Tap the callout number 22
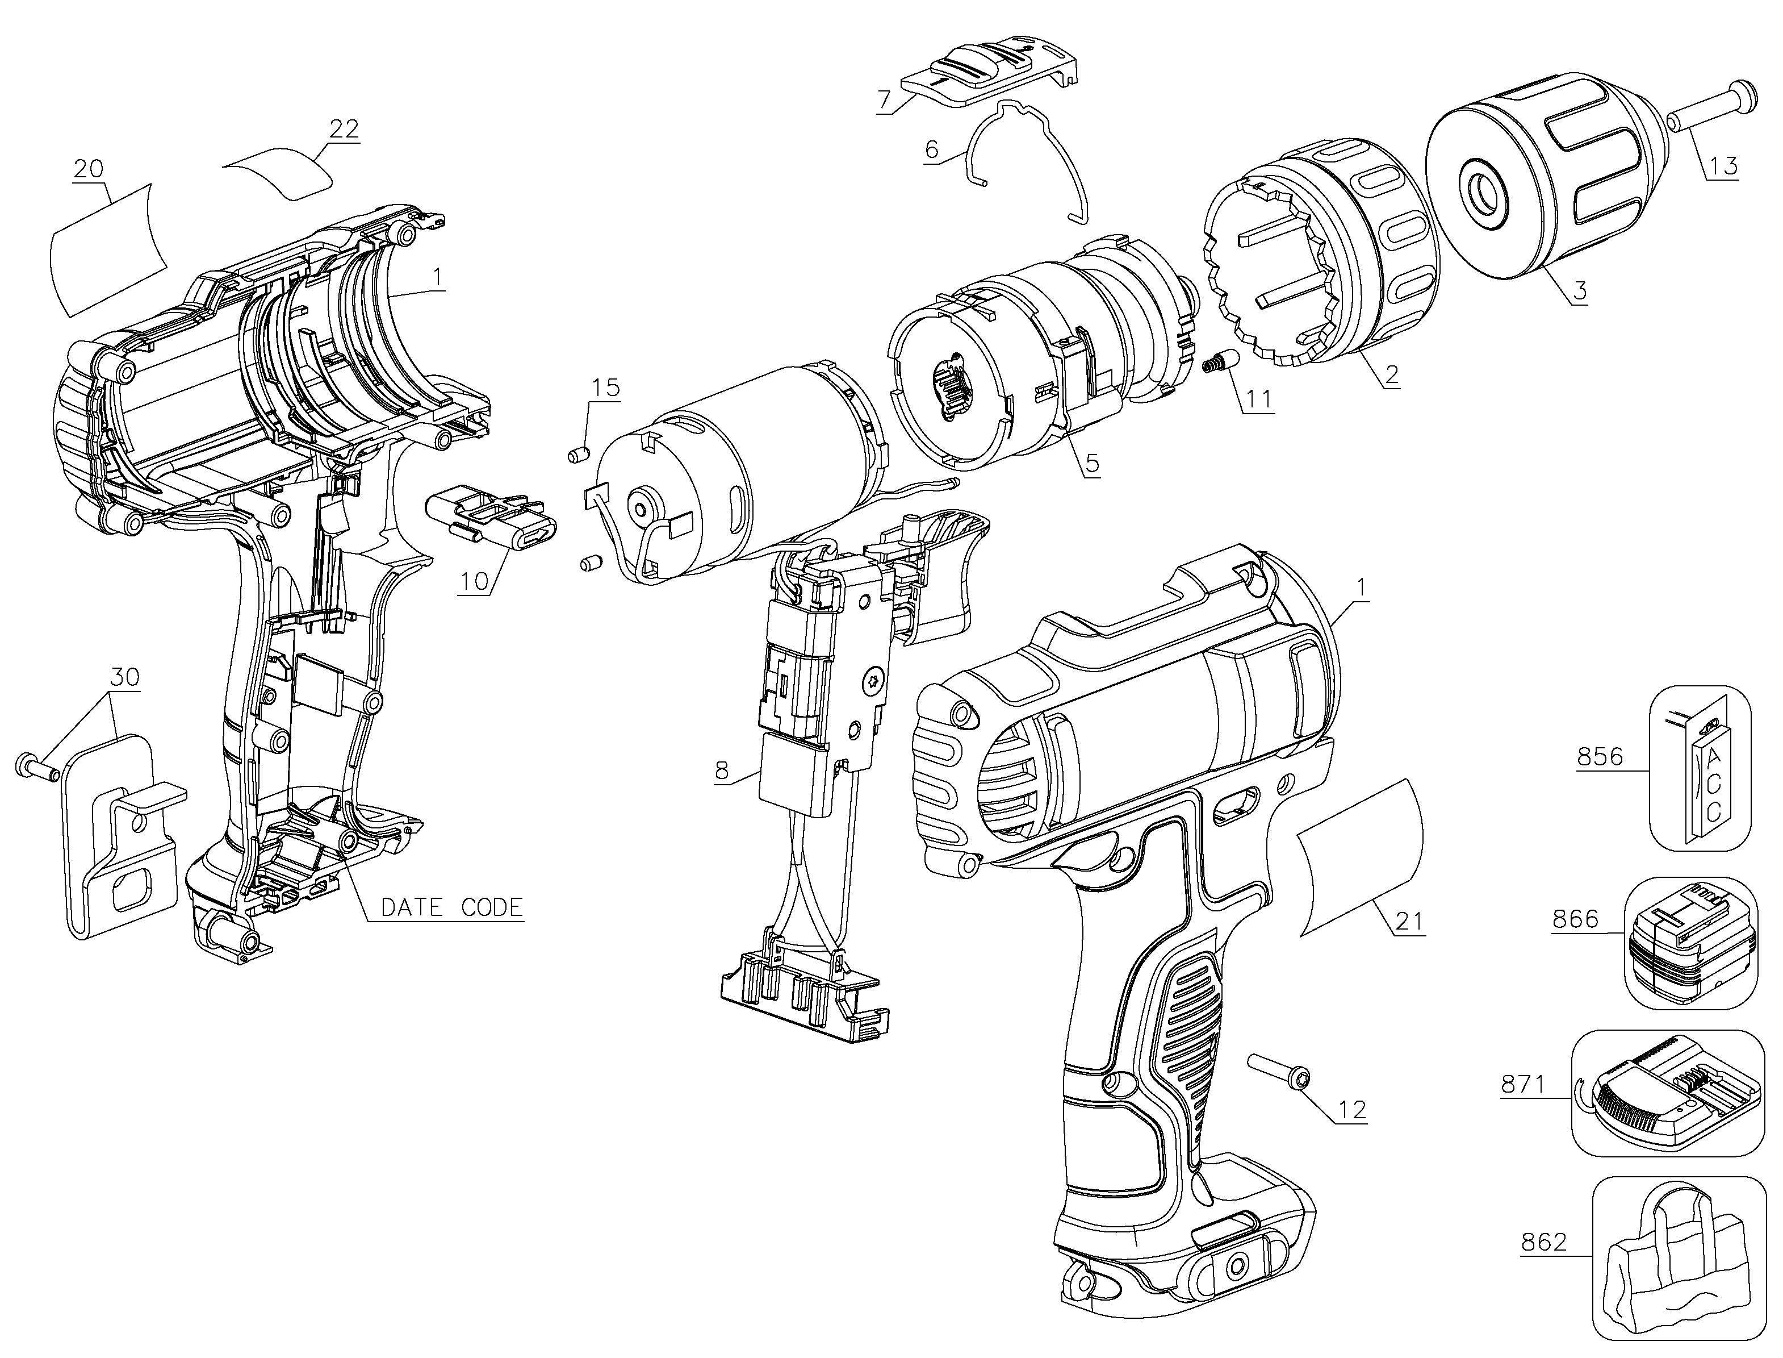pos(344,130)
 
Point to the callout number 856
pos(1600,757)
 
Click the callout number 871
pos(1523,1085)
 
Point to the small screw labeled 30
pos(37,767)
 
